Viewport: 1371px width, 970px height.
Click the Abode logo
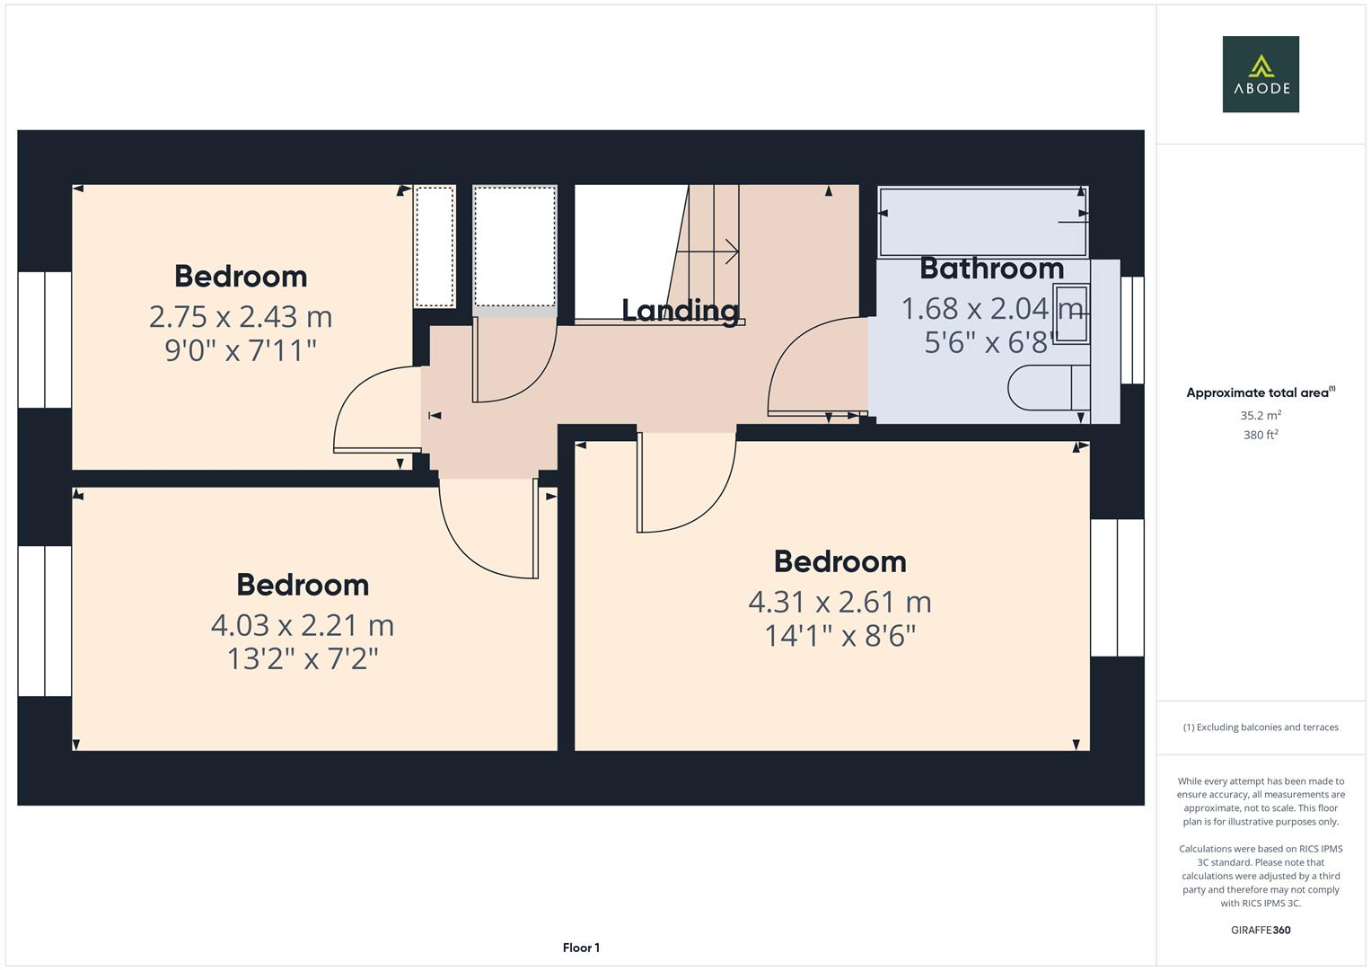tap(1260, 74)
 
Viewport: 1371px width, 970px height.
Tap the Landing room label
tap(681, 311)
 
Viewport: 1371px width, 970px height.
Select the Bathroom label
tap(991, 269)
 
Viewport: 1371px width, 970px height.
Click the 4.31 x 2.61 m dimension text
tap(839, 601)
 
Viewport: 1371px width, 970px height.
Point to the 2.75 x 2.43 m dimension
tap(241, 316)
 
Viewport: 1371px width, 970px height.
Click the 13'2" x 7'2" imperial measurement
tap(303, 659)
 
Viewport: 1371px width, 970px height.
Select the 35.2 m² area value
tap(1261, 416)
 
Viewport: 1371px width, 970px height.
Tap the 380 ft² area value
tap(1261, 435)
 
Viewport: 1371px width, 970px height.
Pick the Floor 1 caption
tap(581, 948)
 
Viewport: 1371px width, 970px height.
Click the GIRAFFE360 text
tap(1260, 930)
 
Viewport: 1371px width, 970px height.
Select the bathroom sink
tap(1071, 314)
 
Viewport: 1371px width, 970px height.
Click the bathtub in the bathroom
tap(982, 222)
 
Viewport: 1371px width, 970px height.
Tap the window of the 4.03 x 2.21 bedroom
tap(45, 621)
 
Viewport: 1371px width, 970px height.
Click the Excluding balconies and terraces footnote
tap(1260, 727)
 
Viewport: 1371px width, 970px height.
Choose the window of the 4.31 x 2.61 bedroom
tap(1117, 587)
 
